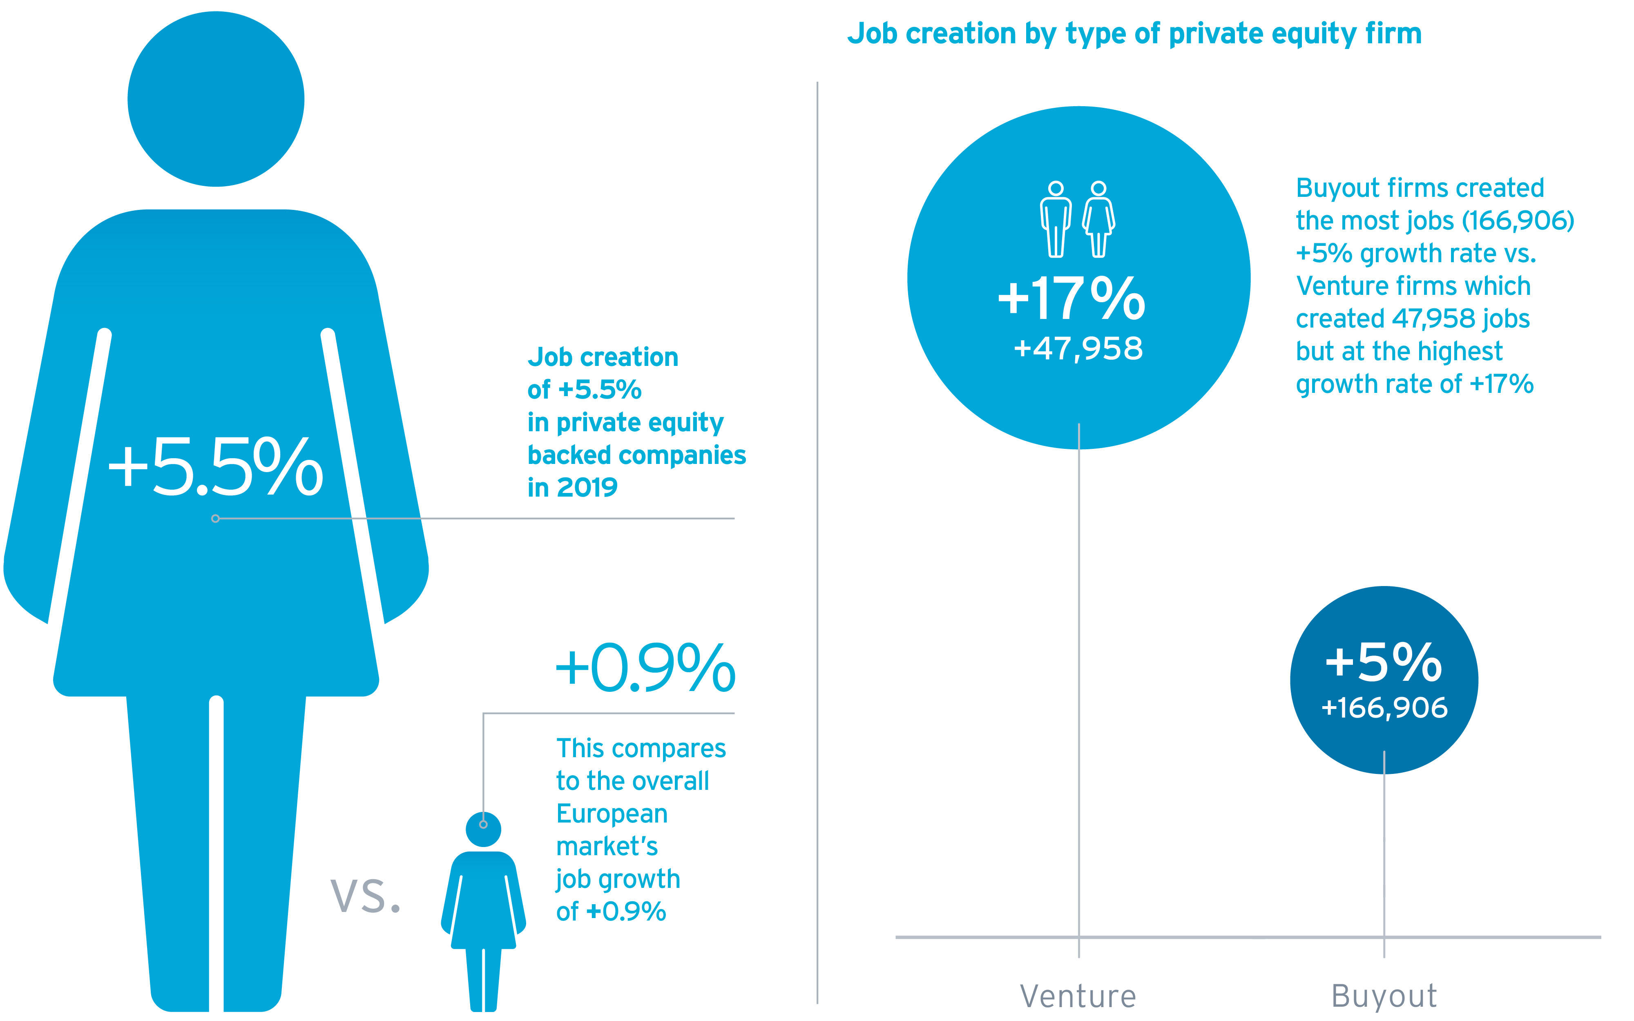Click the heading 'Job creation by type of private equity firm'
[1134, 34]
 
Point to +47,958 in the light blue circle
[1078, 348]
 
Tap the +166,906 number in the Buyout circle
[1384, 708]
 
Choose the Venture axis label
[1078, 996]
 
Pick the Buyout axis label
[1384, 996]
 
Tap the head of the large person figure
[216, 99]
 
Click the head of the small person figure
[483, 829]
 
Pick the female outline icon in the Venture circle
[1098, 219]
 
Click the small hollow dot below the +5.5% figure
[215, 519]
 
